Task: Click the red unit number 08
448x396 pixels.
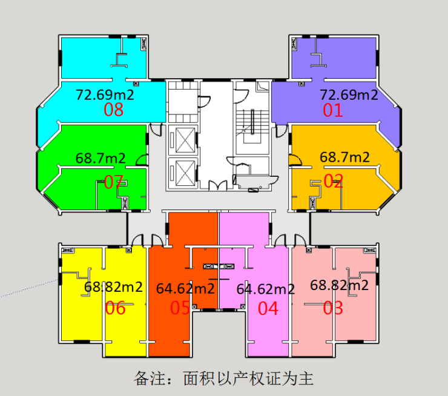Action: [113, 110]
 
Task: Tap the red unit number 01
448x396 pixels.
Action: [332, 110]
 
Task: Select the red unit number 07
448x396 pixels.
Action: [113, 182]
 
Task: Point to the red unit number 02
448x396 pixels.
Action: [333, 181]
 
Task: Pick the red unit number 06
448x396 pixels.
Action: [115, 308]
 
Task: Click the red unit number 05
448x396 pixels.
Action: [180, 308]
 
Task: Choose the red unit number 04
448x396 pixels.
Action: [268, 309]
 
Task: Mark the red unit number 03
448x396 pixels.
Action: [333, 308]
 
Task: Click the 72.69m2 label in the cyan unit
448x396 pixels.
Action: [105, 94]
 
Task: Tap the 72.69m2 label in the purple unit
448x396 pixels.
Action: [349, 94]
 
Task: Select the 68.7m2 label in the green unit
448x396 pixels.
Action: [100, 158]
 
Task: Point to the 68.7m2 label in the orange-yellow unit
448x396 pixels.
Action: [344, 157]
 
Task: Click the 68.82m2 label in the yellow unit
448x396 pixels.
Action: [113, 286]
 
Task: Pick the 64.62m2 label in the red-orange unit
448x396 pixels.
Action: [185, 289]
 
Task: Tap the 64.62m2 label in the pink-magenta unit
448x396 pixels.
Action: [266, 289]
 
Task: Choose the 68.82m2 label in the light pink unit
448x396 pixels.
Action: [340, 285]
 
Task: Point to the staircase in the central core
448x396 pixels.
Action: [252, 126]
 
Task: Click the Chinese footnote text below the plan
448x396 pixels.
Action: [224, 378]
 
